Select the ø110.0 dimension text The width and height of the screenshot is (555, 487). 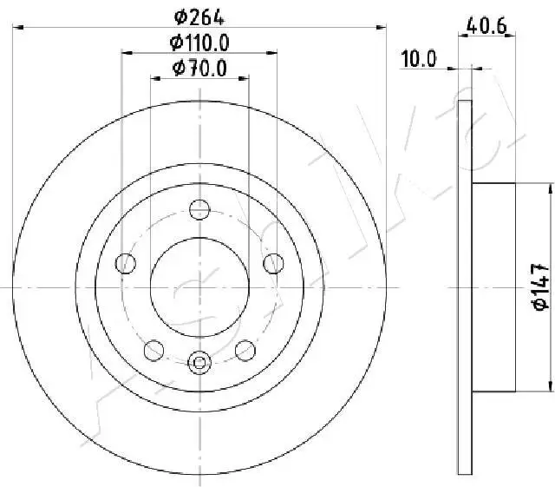click(199, 41)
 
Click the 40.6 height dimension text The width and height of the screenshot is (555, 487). click(486, 25)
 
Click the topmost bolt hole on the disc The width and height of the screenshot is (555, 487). click(199, 208)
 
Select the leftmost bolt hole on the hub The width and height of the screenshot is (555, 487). click(126, 262)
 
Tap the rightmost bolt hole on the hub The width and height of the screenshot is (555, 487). click(274, 262)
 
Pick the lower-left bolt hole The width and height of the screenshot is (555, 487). click(153, 349)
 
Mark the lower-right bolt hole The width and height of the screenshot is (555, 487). click(245, 349)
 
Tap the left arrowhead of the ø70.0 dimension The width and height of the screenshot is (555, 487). click(155, 79)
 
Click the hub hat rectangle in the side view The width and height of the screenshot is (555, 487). click(493, 286)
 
